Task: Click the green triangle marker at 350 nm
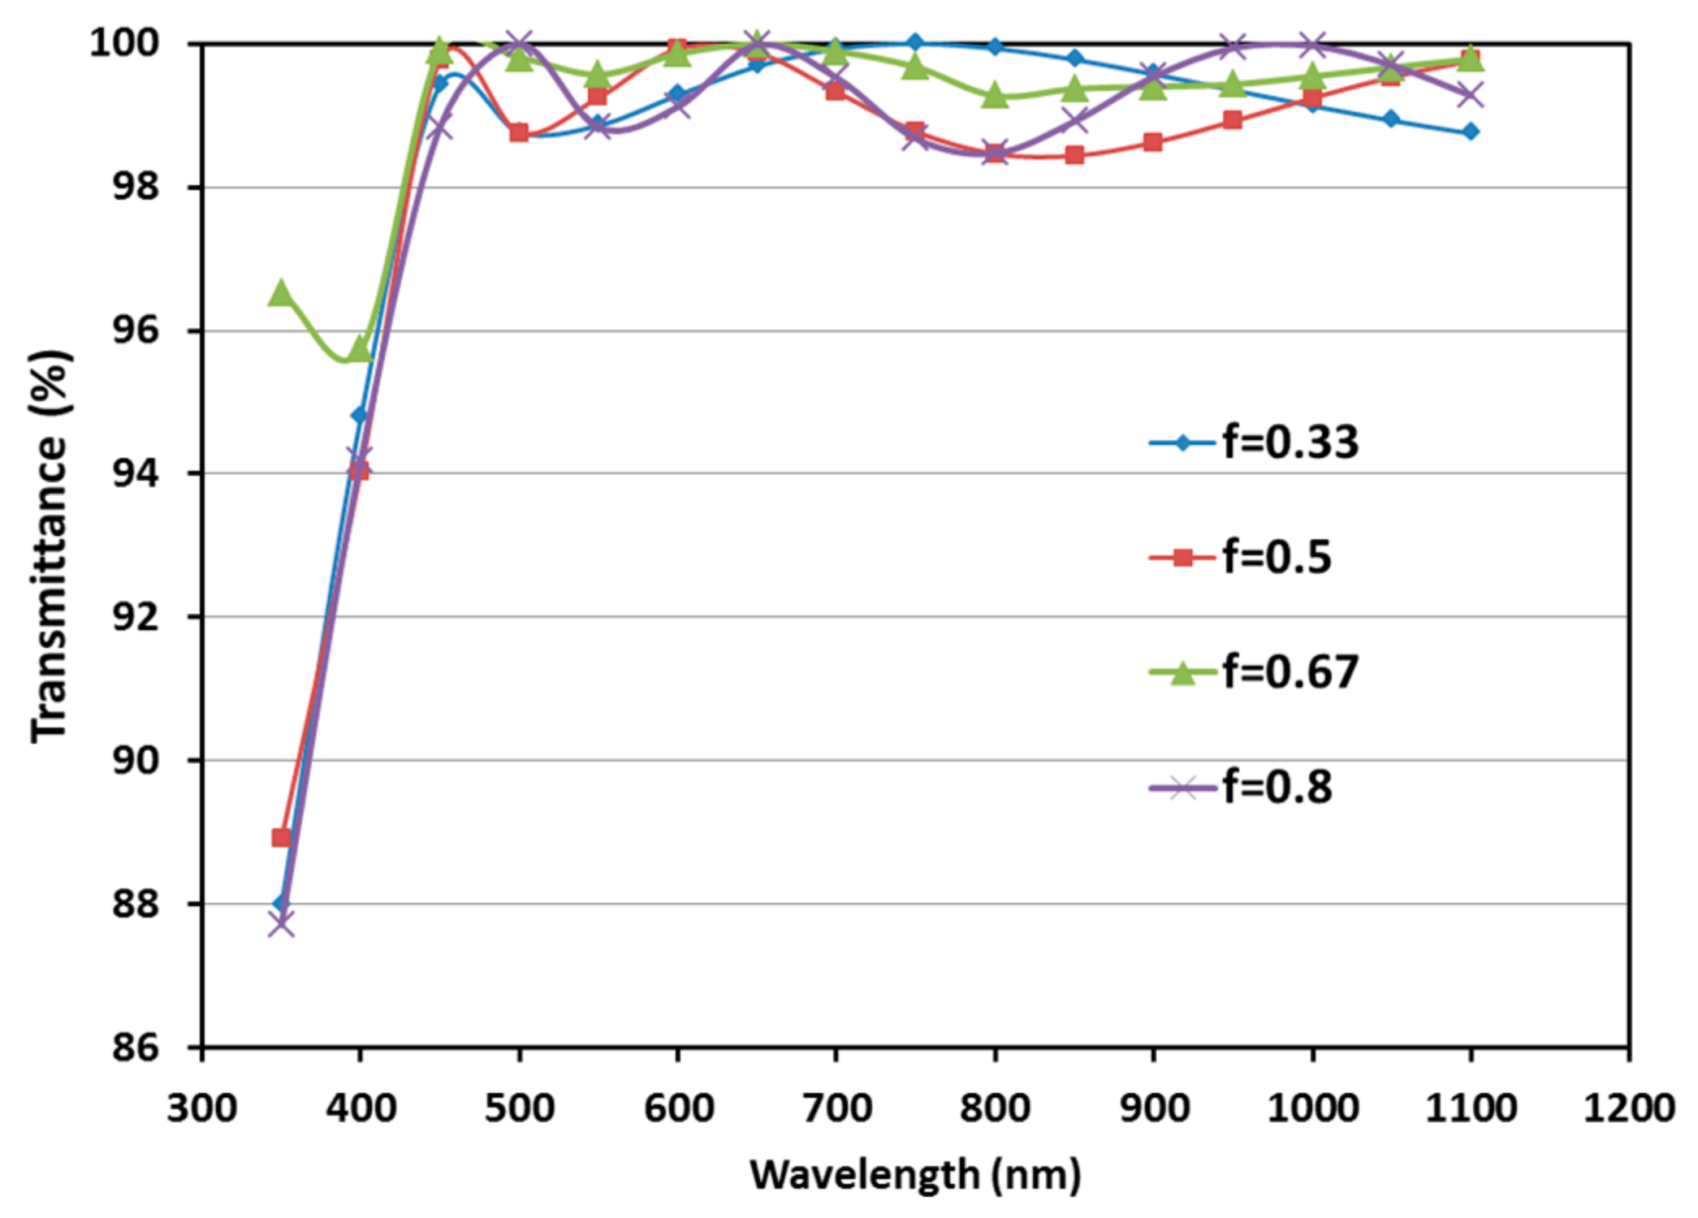[x=281, y=292]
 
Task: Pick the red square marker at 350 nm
[x=281, y=837]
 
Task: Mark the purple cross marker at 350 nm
[x=281, y=924]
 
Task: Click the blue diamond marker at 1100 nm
[x=1471, y=132]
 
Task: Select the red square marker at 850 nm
[x=1074, y=155]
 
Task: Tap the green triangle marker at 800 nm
[x=995, y=97]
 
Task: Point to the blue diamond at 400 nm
[x=360, y=416]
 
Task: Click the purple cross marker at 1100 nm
[x=1471, y=96]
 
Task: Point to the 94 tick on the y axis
[x=136, y=473]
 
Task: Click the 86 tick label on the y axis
[x=136, y=1047]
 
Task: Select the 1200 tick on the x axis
[x=1628, y=1108]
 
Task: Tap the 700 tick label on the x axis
[x=836, y=1108]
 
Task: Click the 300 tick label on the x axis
[x=202, y=1108]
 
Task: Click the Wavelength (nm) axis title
[x=915, y=1175]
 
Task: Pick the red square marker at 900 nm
[x=1152, y=143]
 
